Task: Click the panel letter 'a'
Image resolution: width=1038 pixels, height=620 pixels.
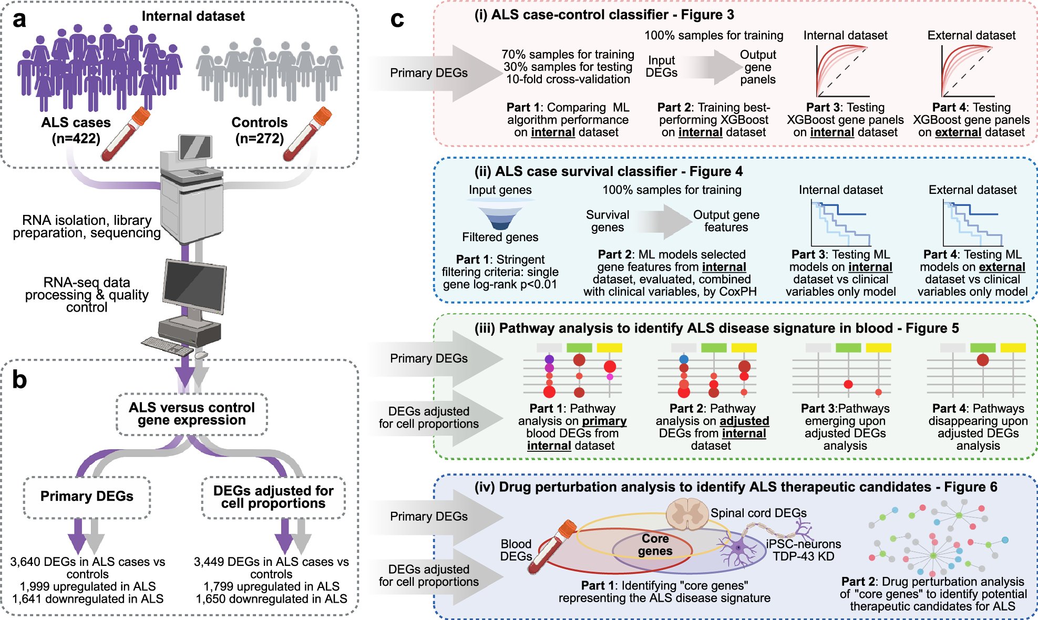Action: (19, 20)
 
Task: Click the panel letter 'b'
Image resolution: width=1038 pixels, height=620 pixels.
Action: (19, 379)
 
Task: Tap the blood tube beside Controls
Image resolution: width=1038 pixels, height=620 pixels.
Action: (307, 134)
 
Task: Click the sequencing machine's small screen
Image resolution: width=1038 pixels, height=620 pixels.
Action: (195, 147)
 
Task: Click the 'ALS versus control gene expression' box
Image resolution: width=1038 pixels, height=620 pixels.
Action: (192, 414)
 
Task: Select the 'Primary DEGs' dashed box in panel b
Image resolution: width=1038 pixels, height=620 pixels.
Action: (87, 497)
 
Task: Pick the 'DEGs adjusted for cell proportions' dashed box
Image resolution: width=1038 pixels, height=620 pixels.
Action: (273, 497)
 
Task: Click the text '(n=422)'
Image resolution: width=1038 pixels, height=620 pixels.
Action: (76, 139)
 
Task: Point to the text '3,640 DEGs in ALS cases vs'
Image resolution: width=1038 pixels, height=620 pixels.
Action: (87, 562)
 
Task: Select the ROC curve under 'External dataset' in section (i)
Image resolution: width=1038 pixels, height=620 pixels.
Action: (968, 71)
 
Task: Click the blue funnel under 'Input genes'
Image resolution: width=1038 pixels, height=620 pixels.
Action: (500, 215)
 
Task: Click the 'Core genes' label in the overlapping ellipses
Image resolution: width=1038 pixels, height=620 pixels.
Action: (655, 545)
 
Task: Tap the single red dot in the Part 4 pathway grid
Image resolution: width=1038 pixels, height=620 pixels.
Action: (982, 360)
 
